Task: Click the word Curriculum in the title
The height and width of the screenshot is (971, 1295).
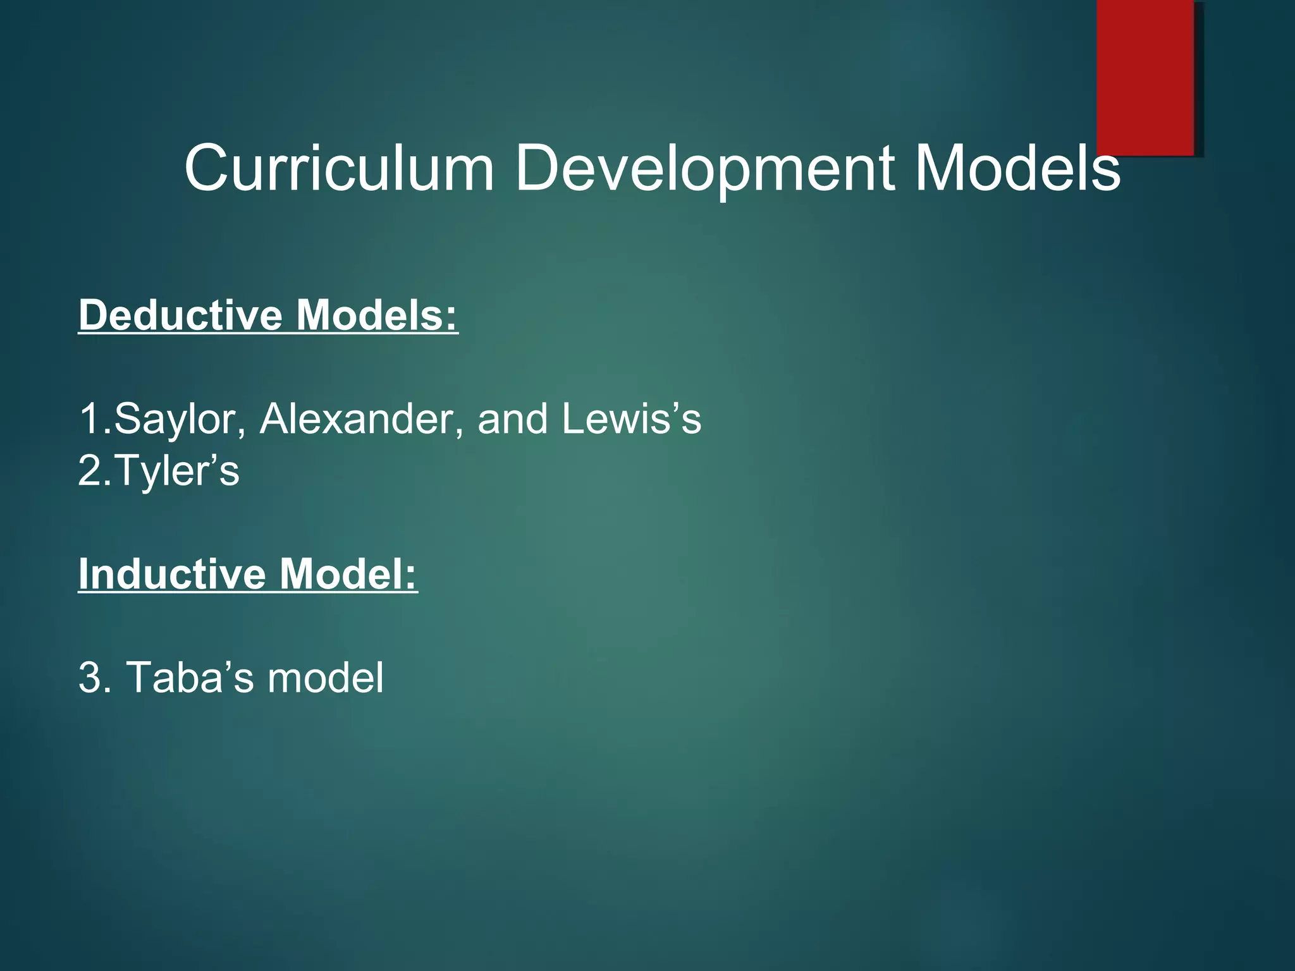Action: pos(338,168)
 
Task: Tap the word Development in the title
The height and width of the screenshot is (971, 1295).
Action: pos(705,168)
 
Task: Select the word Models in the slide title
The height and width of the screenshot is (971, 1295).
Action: pos(1017,168)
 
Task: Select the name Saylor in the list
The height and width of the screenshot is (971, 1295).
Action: pos(174,418)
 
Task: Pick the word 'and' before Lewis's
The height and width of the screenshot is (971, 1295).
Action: pos(512,418)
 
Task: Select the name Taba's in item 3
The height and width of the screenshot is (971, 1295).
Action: pos(190,678)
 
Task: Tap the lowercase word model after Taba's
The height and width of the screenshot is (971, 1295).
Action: pos(326,678)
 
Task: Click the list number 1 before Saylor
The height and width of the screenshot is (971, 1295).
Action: pos(89,418)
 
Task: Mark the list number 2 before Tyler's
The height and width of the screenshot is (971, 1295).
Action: pos(90,471)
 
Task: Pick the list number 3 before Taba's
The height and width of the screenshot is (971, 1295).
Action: pos(90,678)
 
